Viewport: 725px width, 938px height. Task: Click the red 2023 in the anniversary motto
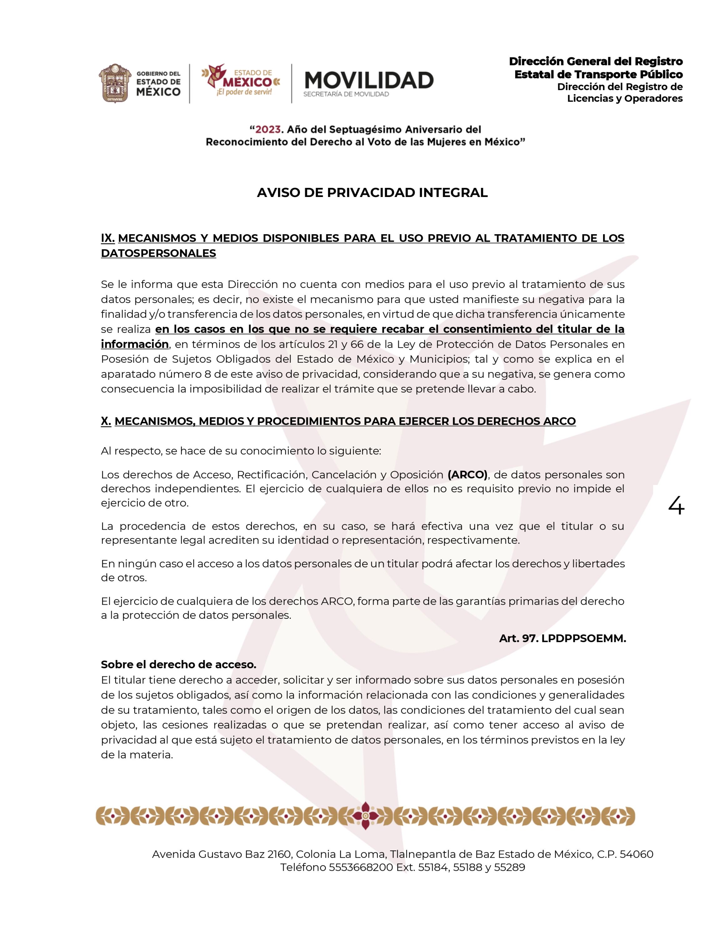point(268,129)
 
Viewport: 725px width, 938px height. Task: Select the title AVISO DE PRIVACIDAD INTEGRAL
point(372,193)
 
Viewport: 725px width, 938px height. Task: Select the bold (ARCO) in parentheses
point(468,475)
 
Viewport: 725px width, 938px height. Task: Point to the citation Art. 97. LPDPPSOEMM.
point(562,639)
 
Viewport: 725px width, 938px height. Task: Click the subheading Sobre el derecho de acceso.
point(178,664)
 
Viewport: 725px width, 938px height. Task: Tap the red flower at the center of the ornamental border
point(365,816)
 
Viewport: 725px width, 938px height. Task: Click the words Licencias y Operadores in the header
point(625,98)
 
